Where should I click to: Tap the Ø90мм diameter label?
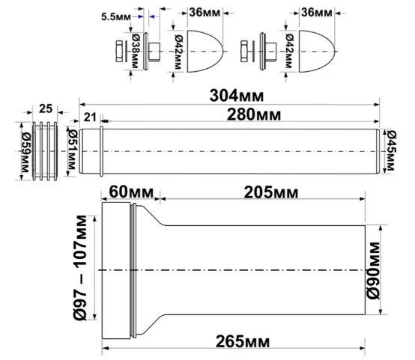[377, 272]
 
